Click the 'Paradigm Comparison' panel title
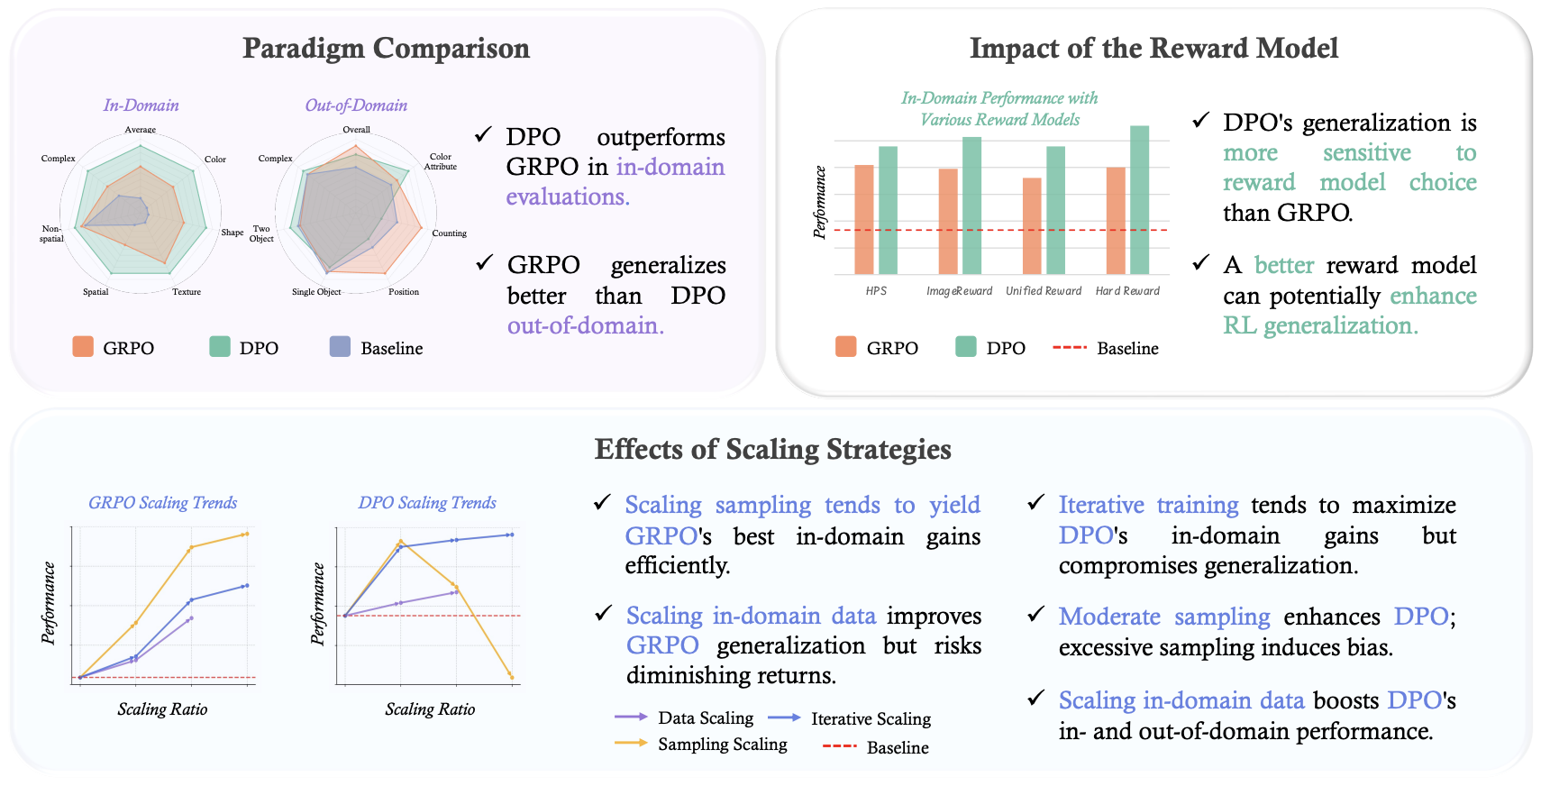click(x=386, y=48)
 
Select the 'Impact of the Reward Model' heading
click(x=1153, y=48)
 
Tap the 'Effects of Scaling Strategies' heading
click(x=772, y=449)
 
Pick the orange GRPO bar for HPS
click(x=864, y=220)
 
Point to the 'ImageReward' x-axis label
click(x=959, y=291)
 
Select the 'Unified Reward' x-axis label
click(x=1044, y=291)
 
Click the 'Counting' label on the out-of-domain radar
click(x=449, y=233)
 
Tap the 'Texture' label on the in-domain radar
click(x=187, y=292)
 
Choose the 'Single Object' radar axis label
click(x=316, y=292)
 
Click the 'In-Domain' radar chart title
click(x=141, y=105)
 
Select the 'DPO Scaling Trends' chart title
click(x=427, y=503)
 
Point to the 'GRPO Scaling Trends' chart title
click(x=163, y=503)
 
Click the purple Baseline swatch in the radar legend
click(x=340, y=347)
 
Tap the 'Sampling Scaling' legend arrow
click(x=631, y=744)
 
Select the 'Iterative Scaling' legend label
click(x=871, y=718)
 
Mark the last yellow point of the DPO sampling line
click(x=511, y=676)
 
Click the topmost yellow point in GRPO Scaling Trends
click(x=246, y=535)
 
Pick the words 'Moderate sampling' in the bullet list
click(x=1163, y=617)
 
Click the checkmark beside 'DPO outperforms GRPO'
click(x=483, y=135)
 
